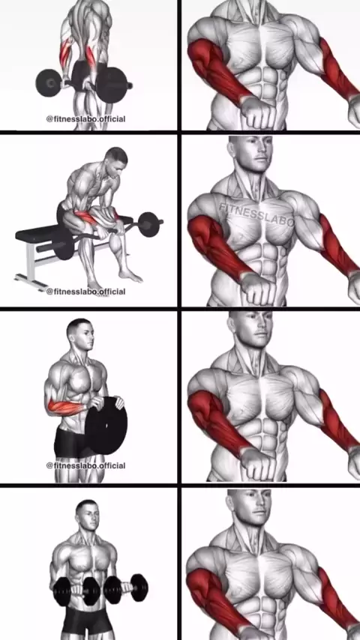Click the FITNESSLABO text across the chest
[x=256, y=214]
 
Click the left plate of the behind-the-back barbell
[x=49, y=83]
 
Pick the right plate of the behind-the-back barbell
[x=111, y=85]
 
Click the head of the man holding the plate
[x=80, y=333]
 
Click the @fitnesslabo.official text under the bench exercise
[x=85, y=292]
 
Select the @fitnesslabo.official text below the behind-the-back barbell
[x=85, y=118]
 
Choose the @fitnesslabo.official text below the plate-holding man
[x=85, y=465]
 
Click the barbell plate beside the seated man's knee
[x=148, y=224]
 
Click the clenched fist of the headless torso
[x=256, y=112]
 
